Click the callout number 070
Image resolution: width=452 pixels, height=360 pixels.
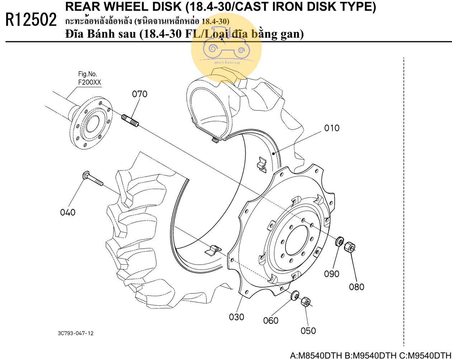(140, 94)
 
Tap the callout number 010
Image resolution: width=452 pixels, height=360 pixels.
(332, 128)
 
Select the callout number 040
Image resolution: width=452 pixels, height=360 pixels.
(68, 212)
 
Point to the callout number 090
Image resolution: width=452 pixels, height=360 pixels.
(332, 274)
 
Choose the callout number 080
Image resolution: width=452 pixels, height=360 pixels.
(357, 287)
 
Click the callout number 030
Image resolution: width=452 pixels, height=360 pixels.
(237, 317)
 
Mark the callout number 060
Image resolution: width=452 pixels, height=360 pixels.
(271, 321)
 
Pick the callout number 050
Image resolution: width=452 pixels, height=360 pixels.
(308, 331)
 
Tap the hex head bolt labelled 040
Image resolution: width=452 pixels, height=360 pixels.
(93, 179)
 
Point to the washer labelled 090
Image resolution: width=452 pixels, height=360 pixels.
(339, 241)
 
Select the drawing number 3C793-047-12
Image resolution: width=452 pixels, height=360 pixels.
(76, 333)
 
